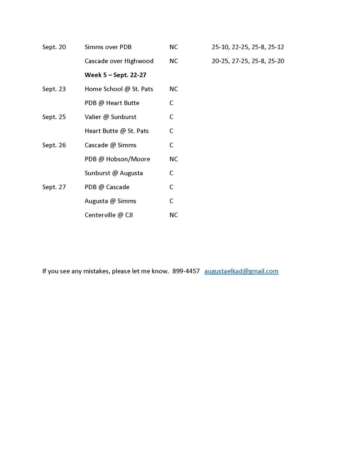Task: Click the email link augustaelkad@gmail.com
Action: coord(241,271)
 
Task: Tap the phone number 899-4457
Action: coord(186,271)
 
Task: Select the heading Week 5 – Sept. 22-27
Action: coord(115,75)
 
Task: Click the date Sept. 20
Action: coord(54,47)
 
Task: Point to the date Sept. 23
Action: coord(54,89)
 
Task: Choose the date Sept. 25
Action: coord(54,117)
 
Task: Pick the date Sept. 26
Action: coord(54,145)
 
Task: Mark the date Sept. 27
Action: coord(54,187)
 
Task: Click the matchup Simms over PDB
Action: coord(108,47)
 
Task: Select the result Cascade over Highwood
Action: coord(119,61)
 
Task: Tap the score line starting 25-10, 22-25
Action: coord(248,47)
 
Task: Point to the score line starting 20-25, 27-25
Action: coord(248,61)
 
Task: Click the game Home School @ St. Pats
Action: coord(119,89)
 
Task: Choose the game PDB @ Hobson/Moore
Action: coord(117,159)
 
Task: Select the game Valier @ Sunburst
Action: coord(110,117)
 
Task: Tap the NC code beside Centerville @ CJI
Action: coord(173,215)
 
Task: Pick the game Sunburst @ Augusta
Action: coord(113,173)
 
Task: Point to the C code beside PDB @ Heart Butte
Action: coord(172,103)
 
